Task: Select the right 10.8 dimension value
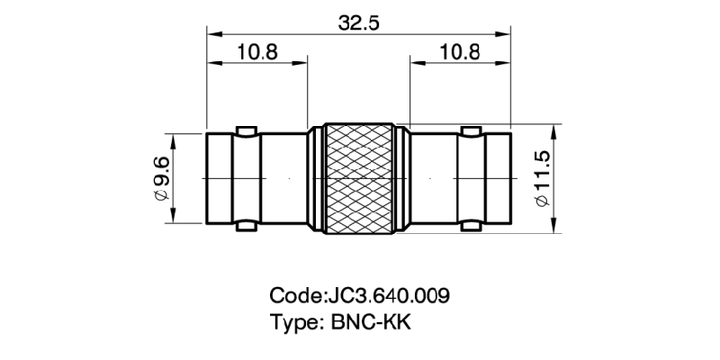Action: (x=459, y=51)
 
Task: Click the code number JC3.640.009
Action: (x=386, y=296)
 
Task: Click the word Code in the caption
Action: (x=294, y=296)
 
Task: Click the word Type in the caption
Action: (x=293, y=321)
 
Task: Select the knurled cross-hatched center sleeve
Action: (x=359, y=179)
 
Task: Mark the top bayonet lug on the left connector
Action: (x=245, y=130)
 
